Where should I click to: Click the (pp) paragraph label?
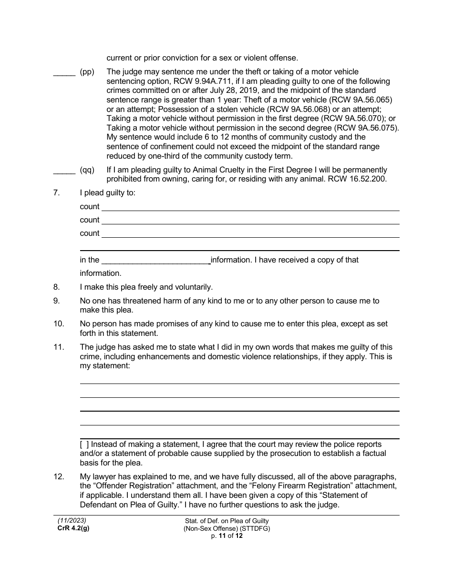point(87,72)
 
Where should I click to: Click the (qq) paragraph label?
point(87,170)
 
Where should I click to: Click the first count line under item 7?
point(250,207)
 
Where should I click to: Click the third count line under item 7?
point(250,234)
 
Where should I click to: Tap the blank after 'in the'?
point(156,261)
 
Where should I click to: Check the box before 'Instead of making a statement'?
point(84,445)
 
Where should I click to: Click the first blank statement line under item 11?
point(239,380)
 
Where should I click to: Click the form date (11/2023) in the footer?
point(72,521)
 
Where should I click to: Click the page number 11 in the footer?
point(222,536)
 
